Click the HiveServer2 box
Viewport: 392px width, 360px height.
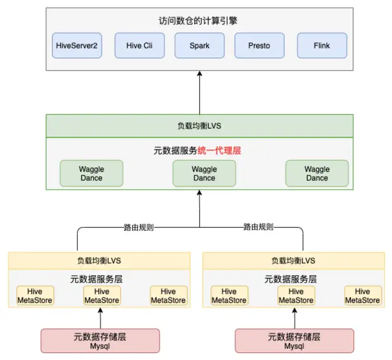point(77,46)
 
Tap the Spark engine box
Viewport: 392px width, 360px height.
point(199,46)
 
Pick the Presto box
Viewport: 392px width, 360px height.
point(259,46)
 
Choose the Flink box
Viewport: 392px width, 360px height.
point(322,46)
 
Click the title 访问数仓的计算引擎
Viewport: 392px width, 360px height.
point(199,22)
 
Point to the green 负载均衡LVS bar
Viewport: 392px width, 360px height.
point(199,126)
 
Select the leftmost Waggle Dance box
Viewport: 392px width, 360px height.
point(91,173)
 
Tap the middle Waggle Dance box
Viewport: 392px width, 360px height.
point(204,173)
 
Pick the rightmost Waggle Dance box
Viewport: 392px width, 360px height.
point(317,173)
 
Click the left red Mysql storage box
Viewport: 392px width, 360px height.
point(100,341)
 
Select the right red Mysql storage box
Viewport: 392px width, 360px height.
point(295,341)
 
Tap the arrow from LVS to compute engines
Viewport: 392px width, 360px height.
point(199,93)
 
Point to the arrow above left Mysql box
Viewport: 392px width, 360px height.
point(100,317)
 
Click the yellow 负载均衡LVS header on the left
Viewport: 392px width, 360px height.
point(99,260)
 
